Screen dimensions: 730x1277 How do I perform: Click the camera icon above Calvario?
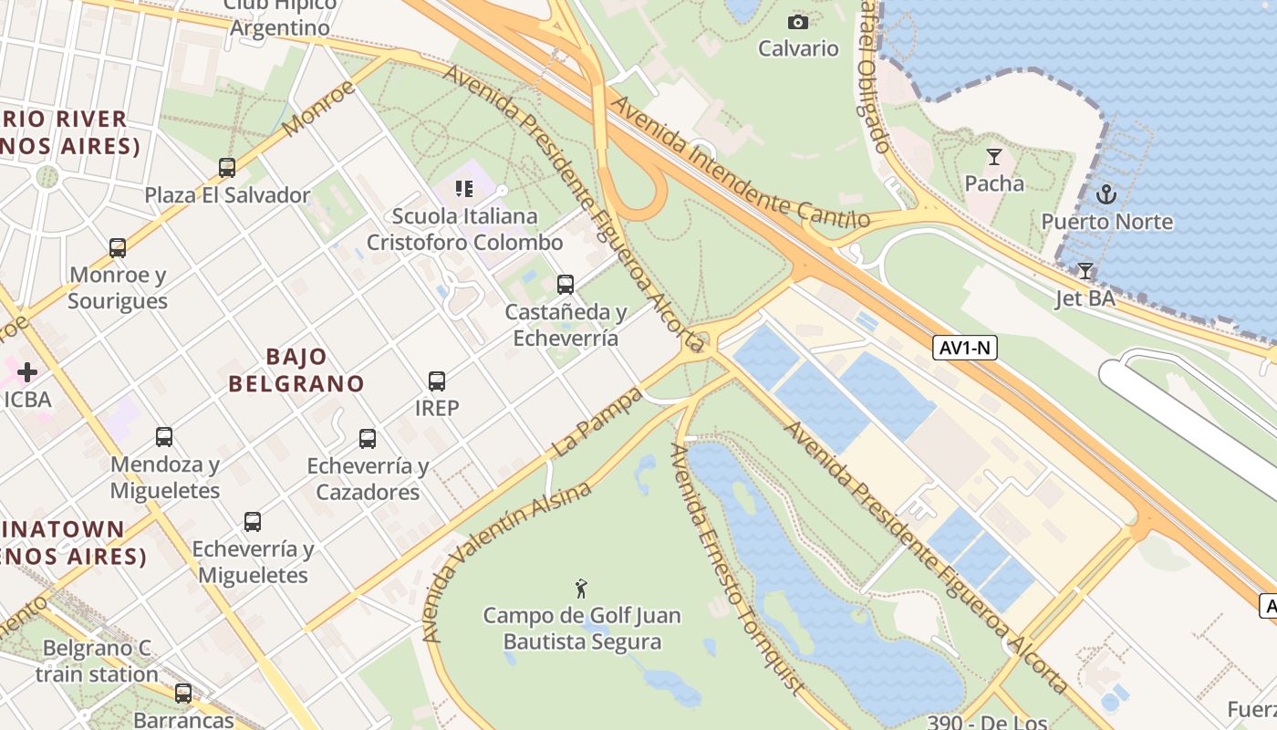coord(798,22)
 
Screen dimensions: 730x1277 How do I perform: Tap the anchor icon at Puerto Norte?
coord(1106,194)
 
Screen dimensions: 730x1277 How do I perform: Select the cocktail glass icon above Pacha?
coord(994,157)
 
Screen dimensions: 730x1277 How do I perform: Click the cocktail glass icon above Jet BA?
coord(1085,271)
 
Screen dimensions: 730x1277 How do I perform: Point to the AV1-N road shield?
coord(964,347)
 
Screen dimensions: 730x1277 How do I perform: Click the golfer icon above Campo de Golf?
coord(581,589)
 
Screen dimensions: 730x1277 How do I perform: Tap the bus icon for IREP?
coord(437,381)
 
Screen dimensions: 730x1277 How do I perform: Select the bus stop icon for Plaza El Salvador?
coord(227,168)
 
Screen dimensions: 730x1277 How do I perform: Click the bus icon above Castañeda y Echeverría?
coord(566,285)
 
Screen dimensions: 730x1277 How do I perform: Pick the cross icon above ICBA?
coord(27,372)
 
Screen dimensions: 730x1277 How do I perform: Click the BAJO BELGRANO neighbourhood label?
coord(296,370)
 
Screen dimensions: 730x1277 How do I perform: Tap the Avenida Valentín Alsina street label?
coord(507,560)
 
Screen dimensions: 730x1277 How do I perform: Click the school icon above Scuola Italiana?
coord(464,189)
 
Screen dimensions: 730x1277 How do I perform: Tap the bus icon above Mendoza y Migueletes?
coord(164,437)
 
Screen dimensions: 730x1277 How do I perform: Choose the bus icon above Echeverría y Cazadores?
coord(368,439)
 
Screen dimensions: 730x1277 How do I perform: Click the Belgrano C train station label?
coord(98,662)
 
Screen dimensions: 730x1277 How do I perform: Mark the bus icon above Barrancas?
coord(183,693)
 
